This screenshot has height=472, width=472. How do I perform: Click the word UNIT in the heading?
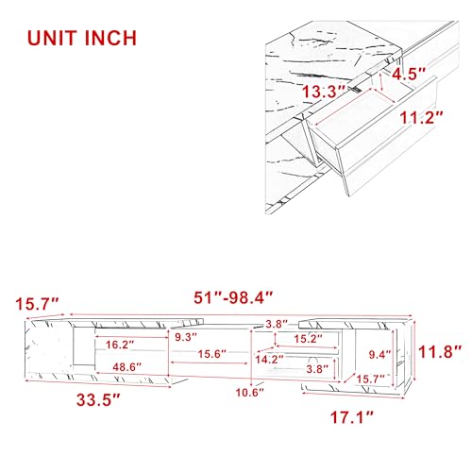53,39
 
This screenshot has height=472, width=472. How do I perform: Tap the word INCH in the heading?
110,39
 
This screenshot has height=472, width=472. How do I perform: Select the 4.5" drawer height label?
409,75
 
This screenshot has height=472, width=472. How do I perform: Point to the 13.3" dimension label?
324,92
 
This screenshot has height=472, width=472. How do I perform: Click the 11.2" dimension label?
421,118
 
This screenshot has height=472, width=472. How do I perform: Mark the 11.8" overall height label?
440,351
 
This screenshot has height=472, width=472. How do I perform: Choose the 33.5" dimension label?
98,400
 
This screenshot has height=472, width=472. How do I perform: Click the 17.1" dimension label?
351,417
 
